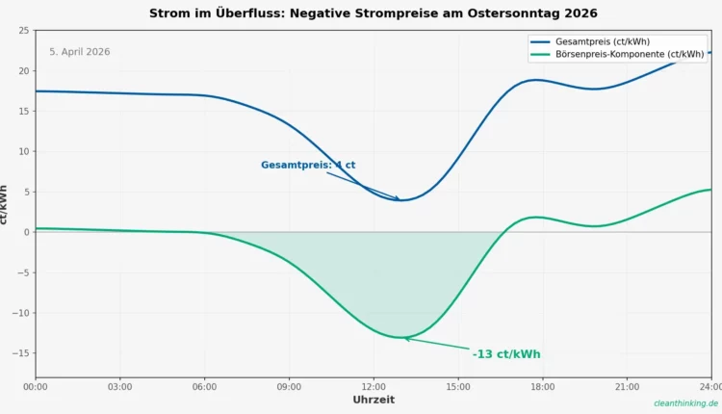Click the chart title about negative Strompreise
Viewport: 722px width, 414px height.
coord(373,13)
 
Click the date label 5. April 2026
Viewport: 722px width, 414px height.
coord(80,52)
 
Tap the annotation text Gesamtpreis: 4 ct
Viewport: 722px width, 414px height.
coord(308,165)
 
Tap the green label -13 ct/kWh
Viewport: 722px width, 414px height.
coord(506,354)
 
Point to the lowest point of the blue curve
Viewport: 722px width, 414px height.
coord(400,200)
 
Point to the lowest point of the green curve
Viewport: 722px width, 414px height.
coord(401,338)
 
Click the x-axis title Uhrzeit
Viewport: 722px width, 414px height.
coord(374,400)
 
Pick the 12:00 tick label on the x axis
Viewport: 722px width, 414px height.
coord(374,387)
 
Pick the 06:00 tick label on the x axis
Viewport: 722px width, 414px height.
coord(204,387)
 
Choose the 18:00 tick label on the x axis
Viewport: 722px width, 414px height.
coord(542,387)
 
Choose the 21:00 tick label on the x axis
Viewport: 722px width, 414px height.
coord(627,387)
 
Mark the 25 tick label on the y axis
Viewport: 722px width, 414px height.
coord(23,31)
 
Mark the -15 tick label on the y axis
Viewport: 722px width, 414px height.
coord(20,353)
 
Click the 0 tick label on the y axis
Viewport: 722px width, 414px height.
coord(26,232)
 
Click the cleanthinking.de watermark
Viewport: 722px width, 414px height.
coord(685,403)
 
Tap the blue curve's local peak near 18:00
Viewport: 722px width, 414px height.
coord(537,80)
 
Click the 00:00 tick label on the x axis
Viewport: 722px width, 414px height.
coord(36,387)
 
